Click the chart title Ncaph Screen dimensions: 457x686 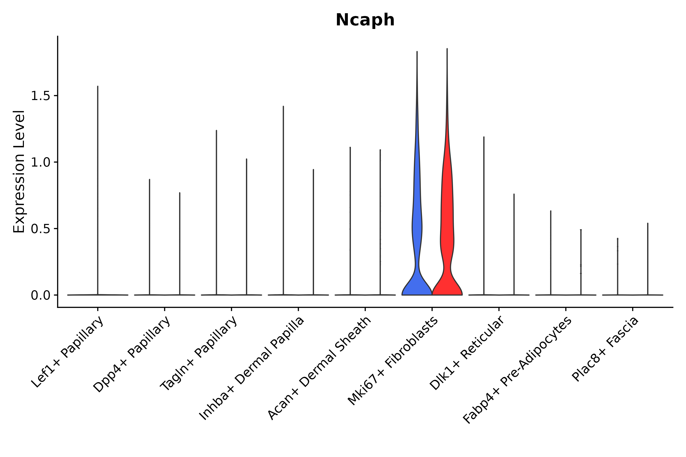click(365, 20)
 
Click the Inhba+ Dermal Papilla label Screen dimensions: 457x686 click(252, 368)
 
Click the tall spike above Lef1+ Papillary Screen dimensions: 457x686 click(98, 189)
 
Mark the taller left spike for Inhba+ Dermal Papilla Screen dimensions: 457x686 click(283, 201)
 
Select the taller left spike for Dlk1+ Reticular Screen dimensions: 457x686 click(484, 216)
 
